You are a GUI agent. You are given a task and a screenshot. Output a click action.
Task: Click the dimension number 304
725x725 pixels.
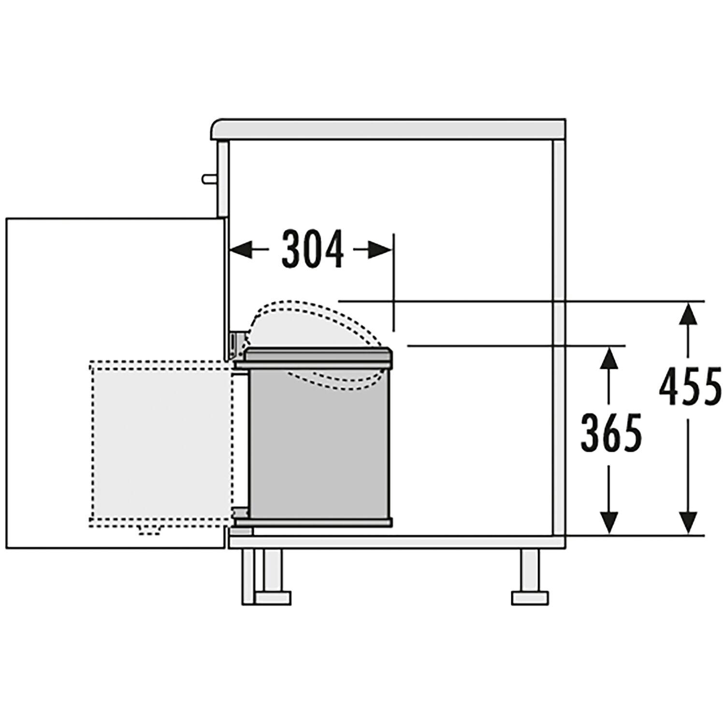click(x=312, y=249)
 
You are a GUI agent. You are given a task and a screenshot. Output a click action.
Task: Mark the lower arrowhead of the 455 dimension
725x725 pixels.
click(x=690, y=522)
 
